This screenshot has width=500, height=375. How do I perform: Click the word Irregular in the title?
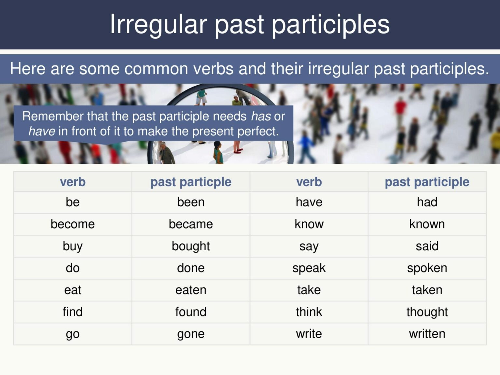(158, 24)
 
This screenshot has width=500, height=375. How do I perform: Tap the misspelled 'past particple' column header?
(191, 182)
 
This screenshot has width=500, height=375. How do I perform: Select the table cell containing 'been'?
(191, 202)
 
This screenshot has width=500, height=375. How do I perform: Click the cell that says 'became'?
(191, 224)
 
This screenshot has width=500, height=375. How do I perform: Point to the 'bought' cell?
(191, 246)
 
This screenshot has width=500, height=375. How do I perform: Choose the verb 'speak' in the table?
(309, 268)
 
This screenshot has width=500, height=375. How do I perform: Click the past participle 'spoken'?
(427, 268)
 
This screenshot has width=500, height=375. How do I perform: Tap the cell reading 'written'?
(427, 334)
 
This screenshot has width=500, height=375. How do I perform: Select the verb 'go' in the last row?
(73, 334)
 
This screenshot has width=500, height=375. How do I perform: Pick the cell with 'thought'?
(427, 312)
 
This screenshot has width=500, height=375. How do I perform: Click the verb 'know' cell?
(309, 224)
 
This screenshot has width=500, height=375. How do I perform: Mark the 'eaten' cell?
(191, 290)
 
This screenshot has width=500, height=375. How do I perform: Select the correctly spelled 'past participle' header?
(427, 182)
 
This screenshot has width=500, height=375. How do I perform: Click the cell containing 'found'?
(191, 312)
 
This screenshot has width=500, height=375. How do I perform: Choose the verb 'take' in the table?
(309, 290)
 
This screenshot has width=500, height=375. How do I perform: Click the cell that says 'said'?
(427, 246)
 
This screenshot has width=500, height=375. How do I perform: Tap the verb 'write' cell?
(309, 334)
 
